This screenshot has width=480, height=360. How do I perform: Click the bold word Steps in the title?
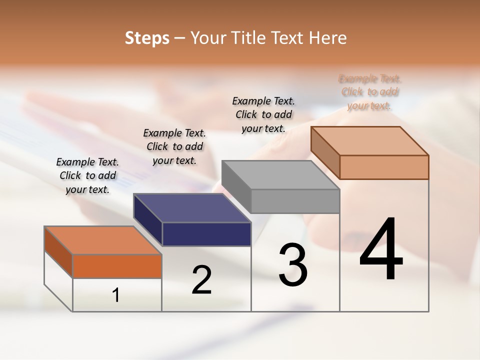tap(147, 38)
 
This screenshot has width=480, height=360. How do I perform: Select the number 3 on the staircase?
tap(292, 264)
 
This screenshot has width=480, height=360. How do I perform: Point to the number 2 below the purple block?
tap(201, 280)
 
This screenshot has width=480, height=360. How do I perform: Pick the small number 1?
tap(116, 295)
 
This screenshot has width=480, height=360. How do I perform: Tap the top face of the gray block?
tap(280, 174)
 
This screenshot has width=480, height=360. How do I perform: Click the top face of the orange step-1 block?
tap(103, 240)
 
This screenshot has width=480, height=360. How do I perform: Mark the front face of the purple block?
tap(206, 234)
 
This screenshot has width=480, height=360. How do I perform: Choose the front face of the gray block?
tap(295, 201)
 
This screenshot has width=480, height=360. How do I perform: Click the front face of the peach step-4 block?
tap(384, 167)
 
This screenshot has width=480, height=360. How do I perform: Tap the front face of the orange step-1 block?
tap(117, 266)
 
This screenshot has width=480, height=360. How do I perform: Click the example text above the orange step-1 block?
tap(87, 175)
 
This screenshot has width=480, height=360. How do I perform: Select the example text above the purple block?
tap(174, 146)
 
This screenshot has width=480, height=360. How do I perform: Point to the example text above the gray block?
tap(263, 114)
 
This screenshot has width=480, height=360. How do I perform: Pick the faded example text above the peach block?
tap(369, 92)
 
